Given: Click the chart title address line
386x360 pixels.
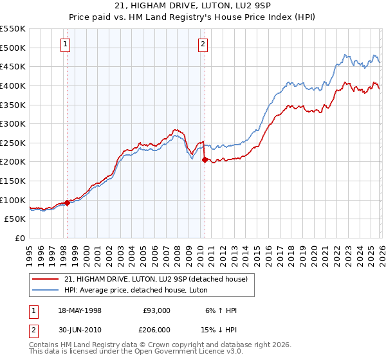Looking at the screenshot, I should pyautogui.click(x=192, y=6).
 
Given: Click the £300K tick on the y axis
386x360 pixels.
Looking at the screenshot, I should pyautogui.click(x=13, y=123).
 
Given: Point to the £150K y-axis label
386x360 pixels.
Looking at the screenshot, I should pyautogui.click(x=13, y=181).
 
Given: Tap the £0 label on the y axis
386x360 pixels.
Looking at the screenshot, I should pyautogui.click(x=19, y=238).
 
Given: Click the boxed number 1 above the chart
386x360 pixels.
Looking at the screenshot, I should pyautogui.click(x=66, y=44).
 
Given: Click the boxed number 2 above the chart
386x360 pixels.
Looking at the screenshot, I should pyautogui.click(x=203, y=44).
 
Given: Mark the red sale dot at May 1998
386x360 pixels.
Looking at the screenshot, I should pyautogui.click(x=67, y=203).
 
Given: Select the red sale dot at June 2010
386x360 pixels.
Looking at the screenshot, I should pyautogui.click(x=205, y=159).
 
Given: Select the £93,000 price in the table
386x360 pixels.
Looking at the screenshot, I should pyautogui.click(x=157, y=310).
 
